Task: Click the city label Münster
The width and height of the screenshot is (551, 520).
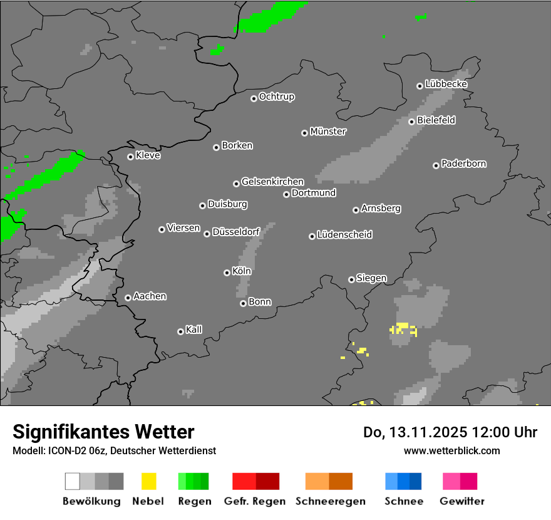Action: pyautogui.click(x=328, y=132)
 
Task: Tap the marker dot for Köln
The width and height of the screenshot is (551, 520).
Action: pyautogui.click(x=227, y=273)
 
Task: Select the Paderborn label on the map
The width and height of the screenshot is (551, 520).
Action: pyautogui.click(x=464, y=164)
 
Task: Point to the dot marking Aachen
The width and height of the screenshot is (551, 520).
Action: pyautogui.click(x=128, y=298)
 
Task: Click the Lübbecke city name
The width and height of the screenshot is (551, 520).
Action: pyautogui.click(x=446, y=84)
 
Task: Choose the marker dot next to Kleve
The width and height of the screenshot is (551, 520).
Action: pyautogui.click(x=130, y=157)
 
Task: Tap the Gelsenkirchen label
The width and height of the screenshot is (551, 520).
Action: pyautogui.click(x=272, y=182)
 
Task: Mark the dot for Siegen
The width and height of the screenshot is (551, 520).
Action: pyautogui.click(x=351, y=279)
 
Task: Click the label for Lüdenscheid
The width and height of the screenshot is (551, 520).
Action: pyautogui.click(x=344, y=235)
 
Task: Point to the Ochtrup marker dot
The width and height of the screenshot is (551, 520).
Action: pyautogui.click(x=254, y=98)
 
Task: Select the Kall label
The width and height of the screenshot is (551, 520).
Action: pyautogui.click(x=194, y=330)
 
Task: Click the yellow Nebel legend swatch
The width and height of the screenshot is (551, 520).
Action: pyautogui.click(x=148, y=481)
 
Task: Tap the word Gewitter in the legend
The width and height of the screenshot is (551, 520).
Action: pyautogui.click(x=462, y=501)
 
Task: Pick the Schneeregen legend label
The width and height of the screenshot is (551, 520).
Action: pyautogui.click(x=331, y=501)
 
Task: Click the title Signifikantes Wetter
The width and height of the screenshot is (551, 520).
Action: pyautogui.click(x=103, y=432)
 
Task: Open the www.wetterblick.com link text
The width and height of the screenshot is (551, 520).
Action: pyautogui.click(x=451, y=450)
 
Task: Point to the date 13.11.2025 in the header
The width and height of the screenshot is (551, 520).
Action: pyautogui.click(x=425, y=432)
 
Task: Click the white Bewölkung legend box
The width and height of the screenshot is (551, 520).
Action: pyautogui.click(x=73, y=481)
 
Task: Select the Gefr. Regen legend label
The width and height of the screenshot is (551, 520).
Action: pyautogui.click(x=255, y=501)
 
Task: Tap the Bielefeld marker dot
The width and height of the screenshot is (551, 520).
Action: pyautogui.click(x=411, y=122)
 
